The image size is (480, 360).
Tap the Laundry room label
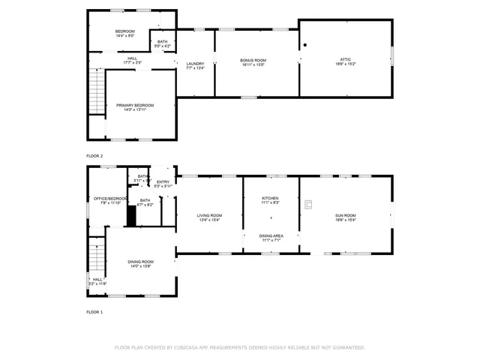coord(195,64)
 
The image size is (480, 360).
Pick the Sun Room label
coord(345,217)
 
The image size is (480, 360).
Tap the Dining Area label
coord(271,238)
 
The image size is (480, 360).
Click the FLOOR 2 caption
coord(94,155)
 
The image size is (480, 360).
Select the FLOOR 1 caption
coord(94,311)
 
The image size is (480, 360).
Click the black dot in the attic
coord(305,45)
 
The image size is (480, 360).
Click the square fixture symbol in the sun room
coord(307,202)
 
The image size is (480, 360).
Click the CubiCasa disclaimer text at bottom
coord(239,347)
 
